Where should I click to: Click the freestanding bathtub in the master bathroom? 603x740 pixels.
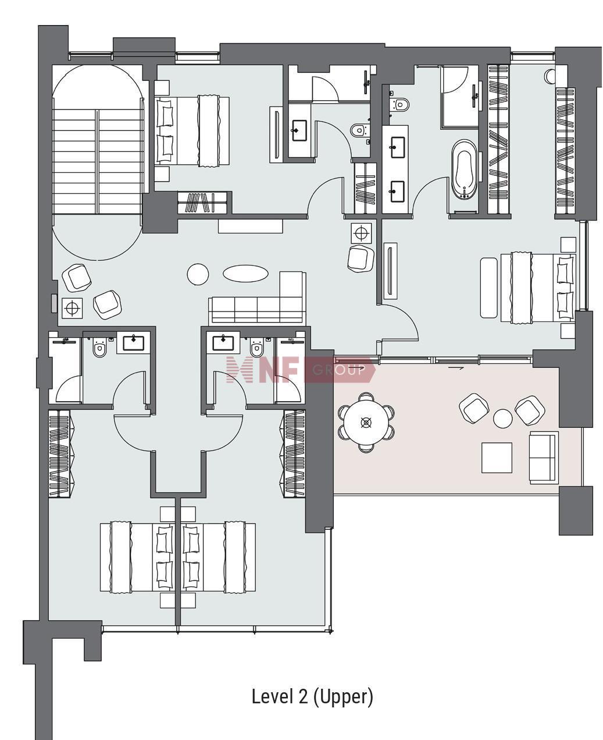click(464, 170)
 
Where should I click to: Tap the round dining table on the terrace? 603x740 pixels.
click(366, 422)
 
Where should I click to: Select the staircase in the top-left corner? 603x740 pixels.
click(98, 162)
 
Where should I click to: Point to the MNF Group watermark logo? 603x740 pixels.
click(301, 370)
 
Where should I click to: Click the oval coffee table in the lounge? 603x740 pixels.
click(245, 273)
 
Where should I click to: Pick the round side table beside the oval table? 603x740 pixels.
click(198, 274)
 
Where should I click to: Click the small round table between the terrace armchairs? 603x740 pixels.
click(502, 418)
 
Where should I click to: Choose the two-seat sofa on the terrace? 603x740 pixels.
click(544, 458)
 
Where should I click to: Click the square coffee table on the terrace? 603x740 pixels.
click(497, 458)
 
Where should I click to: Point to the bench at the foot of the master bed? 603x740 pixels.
click(488, 288)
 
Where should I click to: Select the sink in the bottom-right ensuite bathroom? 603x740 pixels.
click(223, 342)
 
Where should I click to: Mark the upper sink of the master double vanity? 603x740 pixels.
click(397, 144)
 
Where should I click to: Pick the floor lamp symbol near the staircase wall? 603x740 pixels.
click(72, 309)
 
